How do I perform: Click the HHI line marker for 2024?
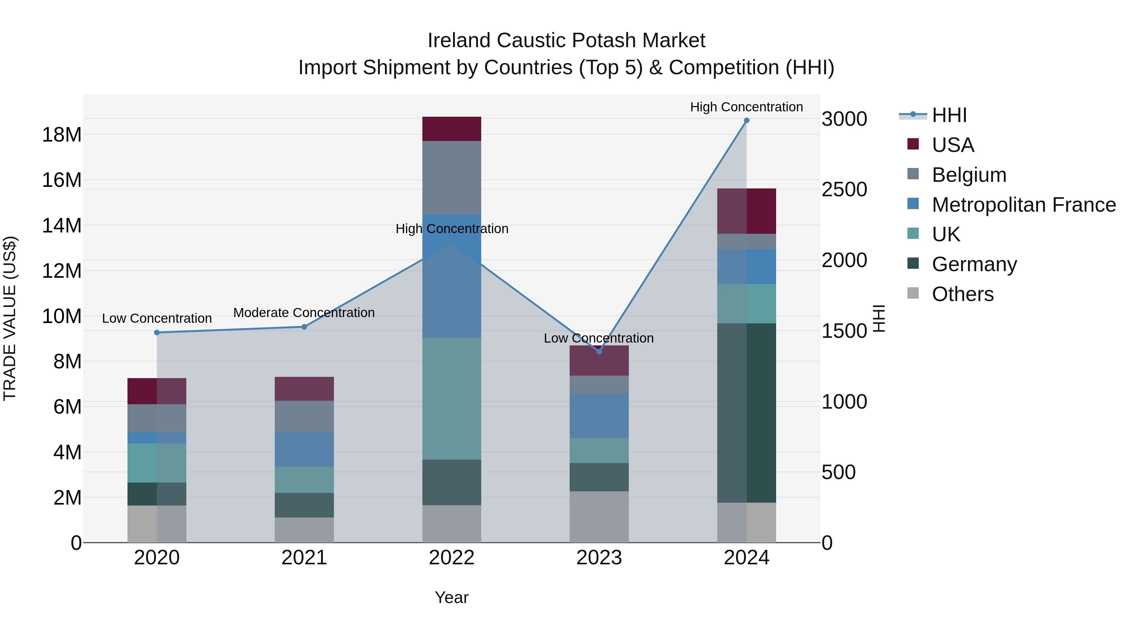click(747, 120)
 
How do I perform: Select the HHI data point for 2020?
click(157, 332)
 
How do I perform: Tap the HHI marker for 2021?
click(304, 327)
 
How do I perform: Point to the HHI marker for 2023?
click(599, 351)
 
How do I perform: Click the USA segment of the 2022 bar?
click(452, 129)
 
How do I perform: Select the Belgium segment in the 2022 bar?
click(452, 178)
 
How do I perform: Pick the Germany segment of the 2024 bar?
click(747, 413)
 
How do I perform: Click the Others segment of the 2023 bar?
click(599, 517)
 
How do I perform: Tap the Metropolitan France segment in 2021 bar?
click(304, 449)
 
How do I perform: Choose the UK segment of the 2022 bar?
click(452, 399)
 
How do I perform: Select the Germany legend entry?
click(974, 264)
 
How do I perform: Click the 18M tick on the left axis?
click(62, 135)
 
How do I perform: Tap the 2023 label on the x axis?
click(599, 558)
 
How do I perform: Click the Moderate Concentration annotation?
click(304, 313)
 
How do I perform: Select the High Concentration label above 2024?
click(747, 107)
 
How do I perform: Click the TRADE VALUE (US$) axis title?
click(10, 318)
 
